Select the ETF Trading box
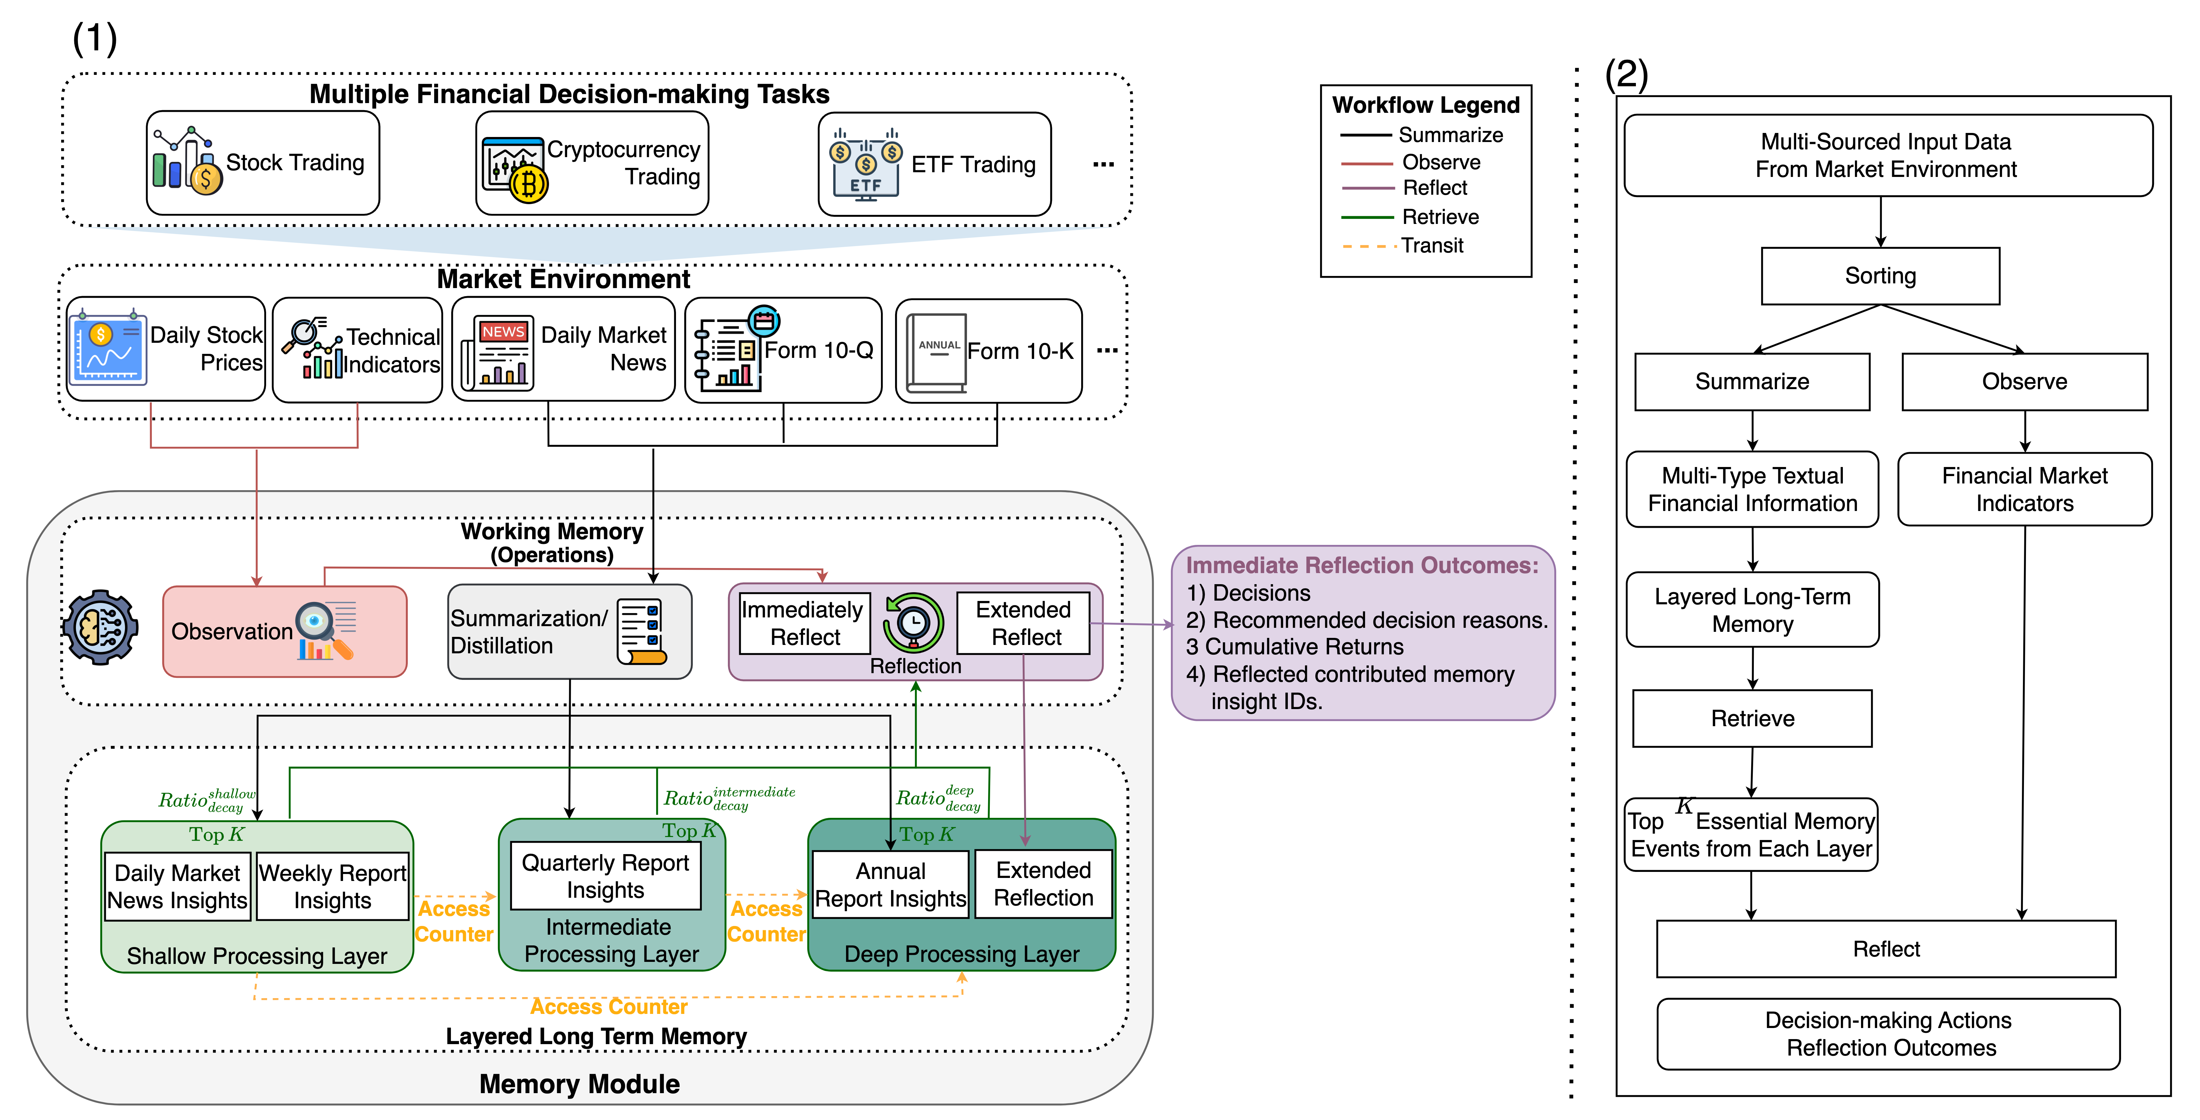tap(934, 164)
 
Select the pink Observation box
tap(284, 632)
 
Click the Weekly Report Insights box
tap(332, 887)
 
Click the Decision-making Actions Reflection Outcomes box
tap(1888, 1034)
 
